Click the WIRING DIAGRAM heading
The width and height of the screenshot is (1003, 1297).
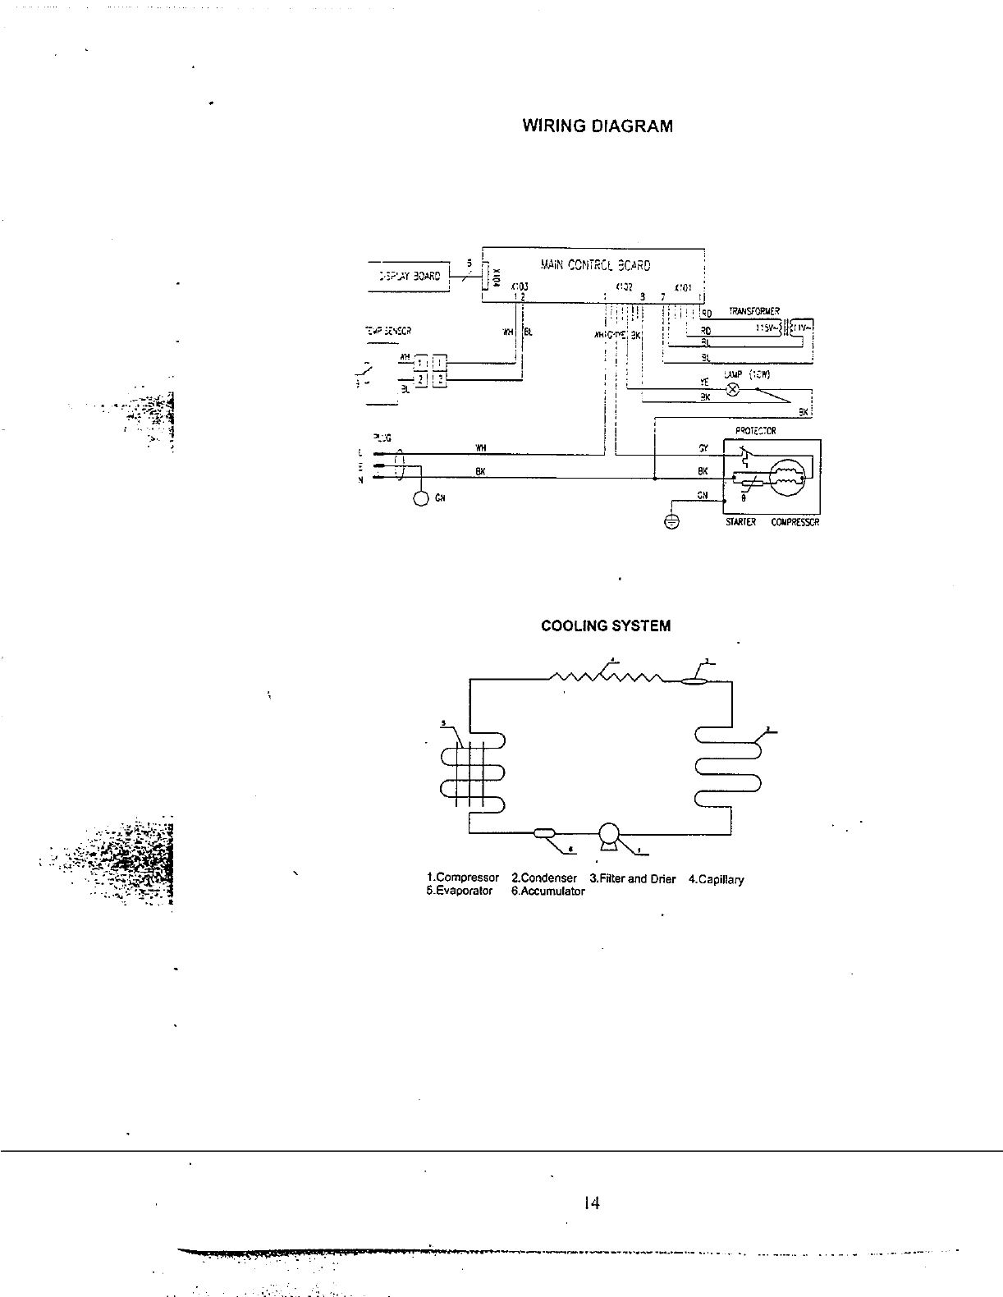(x=598, y=126)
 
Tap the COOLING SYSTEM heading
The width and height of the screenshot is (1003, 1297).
(x=606, y=626)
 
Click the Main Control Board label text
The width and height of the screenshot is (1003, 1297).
(x=595, y=265)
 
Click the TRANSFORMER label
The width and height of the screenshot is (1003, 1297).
(x=753, y=312)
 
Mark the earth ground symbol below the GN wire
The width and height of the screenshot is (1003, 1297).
(x=671, y=523)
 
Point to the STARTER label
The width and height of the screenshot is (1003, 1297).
(x=740, y=523)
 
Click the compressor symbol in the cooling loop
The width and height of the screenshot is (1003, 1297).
(x=610, y=834)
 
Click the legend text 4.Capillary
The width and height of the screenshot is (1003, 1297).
(x=716, y=879)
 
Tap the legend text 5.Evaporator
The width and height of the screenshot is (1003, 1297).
(x=460, y=891)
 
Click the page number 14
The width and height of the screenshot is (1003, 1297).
(x=591, y=1203)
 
